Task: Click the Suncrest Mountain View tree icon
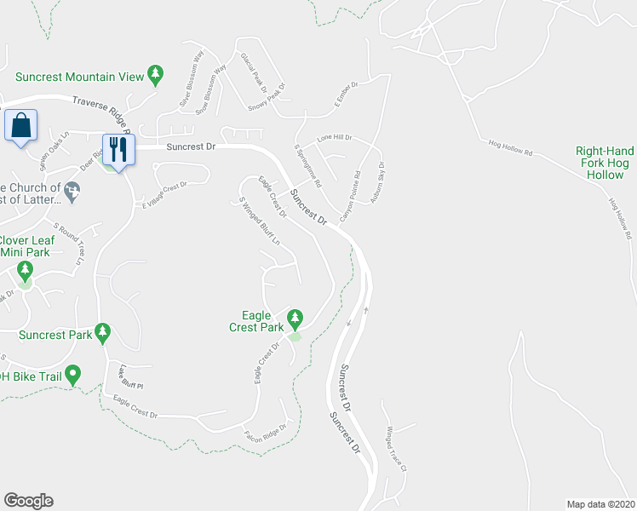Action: coord(155,76)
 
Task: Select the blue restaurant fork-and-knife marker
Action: coord(117,150)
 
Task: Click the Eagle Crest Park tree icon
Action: coord(295,319)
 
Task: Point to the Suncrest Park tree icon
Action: coord(103,332)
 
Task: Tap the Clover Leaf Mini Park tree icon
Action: coord(25,272)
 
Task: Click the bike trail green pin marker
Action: coord(73,373)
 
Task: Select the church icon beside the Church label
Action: coord(72,194)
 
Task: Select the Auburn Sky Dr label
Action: coord(376,183)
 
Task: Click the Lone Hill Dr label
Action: coord(334,137)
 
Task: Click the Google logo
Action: coord(28,501)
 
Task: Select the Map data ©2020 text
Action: coord(600,503)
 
